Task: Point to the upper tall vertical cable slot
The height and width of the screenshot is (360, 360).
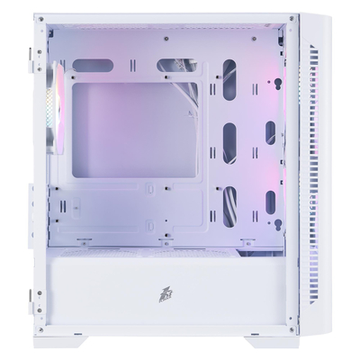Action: pos(229,78)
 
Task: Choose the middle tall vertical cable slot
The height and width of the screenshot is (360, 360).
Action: pos(229,140)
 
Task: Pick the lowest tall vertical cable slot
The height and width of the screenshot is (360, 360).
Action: pos(229,208)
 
